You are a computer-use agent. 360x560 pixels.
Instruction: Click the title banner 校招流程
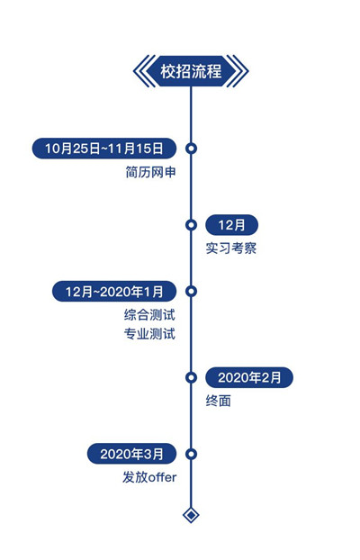coord(191,71)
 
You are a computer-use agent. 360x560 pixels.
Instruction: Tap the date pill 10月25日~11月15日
coord(103,149)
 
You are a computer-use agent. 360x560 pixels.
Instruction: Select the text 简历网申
coord(150,172)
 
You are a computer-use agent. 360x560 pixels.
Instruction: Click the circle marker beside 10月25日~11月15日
coord(191,149)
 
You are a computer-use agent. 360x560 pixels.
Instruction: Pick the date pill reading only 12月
coord(231,225)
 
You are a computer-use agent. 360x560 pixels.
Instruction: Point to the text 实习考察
coord(231,248)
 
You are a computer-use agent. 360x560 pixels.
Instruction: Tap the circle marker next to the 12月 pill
coord(191,225)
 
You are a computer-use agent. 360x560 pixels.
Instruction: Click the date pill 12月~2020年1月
coord(114,292)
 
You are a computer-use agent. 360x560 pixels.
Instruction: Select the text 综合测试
coord(149,315)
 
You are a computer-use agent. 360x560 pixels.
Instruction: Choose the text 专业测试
coord(149,334)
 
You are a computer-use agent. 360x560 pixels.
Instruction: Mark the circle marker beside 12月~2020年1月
coord(191,292)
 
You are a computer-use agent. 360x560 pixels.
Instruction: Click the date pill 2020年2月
coord(249,377)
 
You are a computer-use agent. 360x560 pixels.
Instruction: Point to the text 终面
coord(218,401)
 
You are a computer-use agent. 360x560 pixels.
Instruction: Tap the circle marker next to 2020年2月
coord(191,377)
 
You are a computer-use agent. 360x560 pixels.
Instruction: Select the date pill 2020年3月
coord(131,454)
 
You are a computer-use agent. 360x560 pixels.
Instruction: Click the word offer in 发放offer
coord(163,477)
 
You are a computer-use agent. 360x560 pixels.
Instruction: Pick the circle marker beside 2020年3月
coord(191,454)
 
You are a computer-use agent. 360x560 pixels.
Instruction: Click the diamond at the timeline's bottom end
coord(191,515)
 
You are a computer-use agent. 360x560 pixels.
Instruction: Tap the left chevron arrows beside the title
coord(140,71)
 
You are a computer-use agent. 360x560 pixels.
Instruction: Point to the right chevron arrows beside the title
coord(241,71)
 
